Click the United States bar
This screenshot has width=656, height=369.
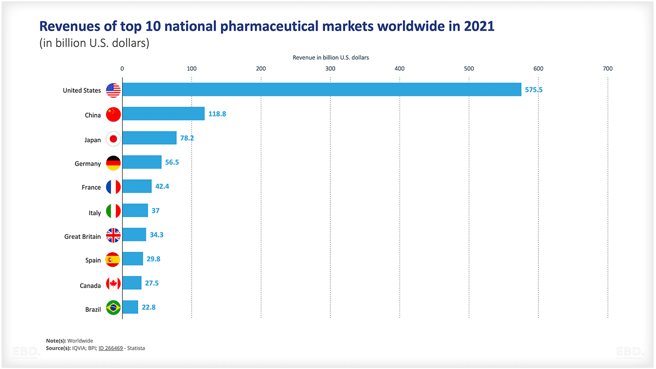(x=322, y=90)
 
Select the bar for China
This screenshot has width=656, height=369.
(x=163, y=114)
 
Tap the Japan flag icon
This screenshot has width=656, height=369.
(x=113, y=139)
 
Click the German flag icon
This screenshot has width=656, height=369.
(x=113, y=163)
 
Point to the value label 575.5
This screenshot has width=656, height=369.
(x=534, y=90)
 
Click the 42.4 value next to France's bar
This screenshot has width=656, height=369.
(x=162, y=186)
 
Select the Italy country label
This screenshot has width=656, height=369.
(x=95, y=213)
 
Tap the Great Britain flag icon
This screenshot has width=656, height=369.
(x=113, y=235)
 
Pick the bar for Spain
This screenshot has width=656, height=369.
(x=133, y=259)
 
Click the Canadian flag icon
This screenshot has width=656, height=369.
(x=113, y=284)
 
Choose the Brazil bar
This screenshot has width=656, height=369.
(x=130, y=307)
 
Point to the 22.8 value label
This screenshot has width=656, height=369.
(x=148, y=307)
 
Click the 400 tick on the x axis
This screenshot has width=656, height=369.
(x=400, y=69)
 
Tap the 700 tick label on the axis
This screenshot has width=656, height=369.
(x=607, y=69)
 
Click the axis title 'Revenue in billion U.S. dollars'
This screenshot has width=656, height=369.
(x=330, y=58)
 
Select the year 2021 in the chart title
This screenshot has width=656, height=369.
(x=479, y=26)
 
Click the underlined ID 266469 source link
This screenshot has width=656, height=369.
(x=110, y=348)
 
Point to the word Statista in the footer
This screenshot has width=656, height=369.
(x=136, y=348)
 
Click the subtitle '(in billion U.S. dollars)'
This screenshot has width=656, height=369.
(x=94, y=43)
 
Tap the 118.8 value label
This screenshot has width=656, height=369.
(x=217, y=114)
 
